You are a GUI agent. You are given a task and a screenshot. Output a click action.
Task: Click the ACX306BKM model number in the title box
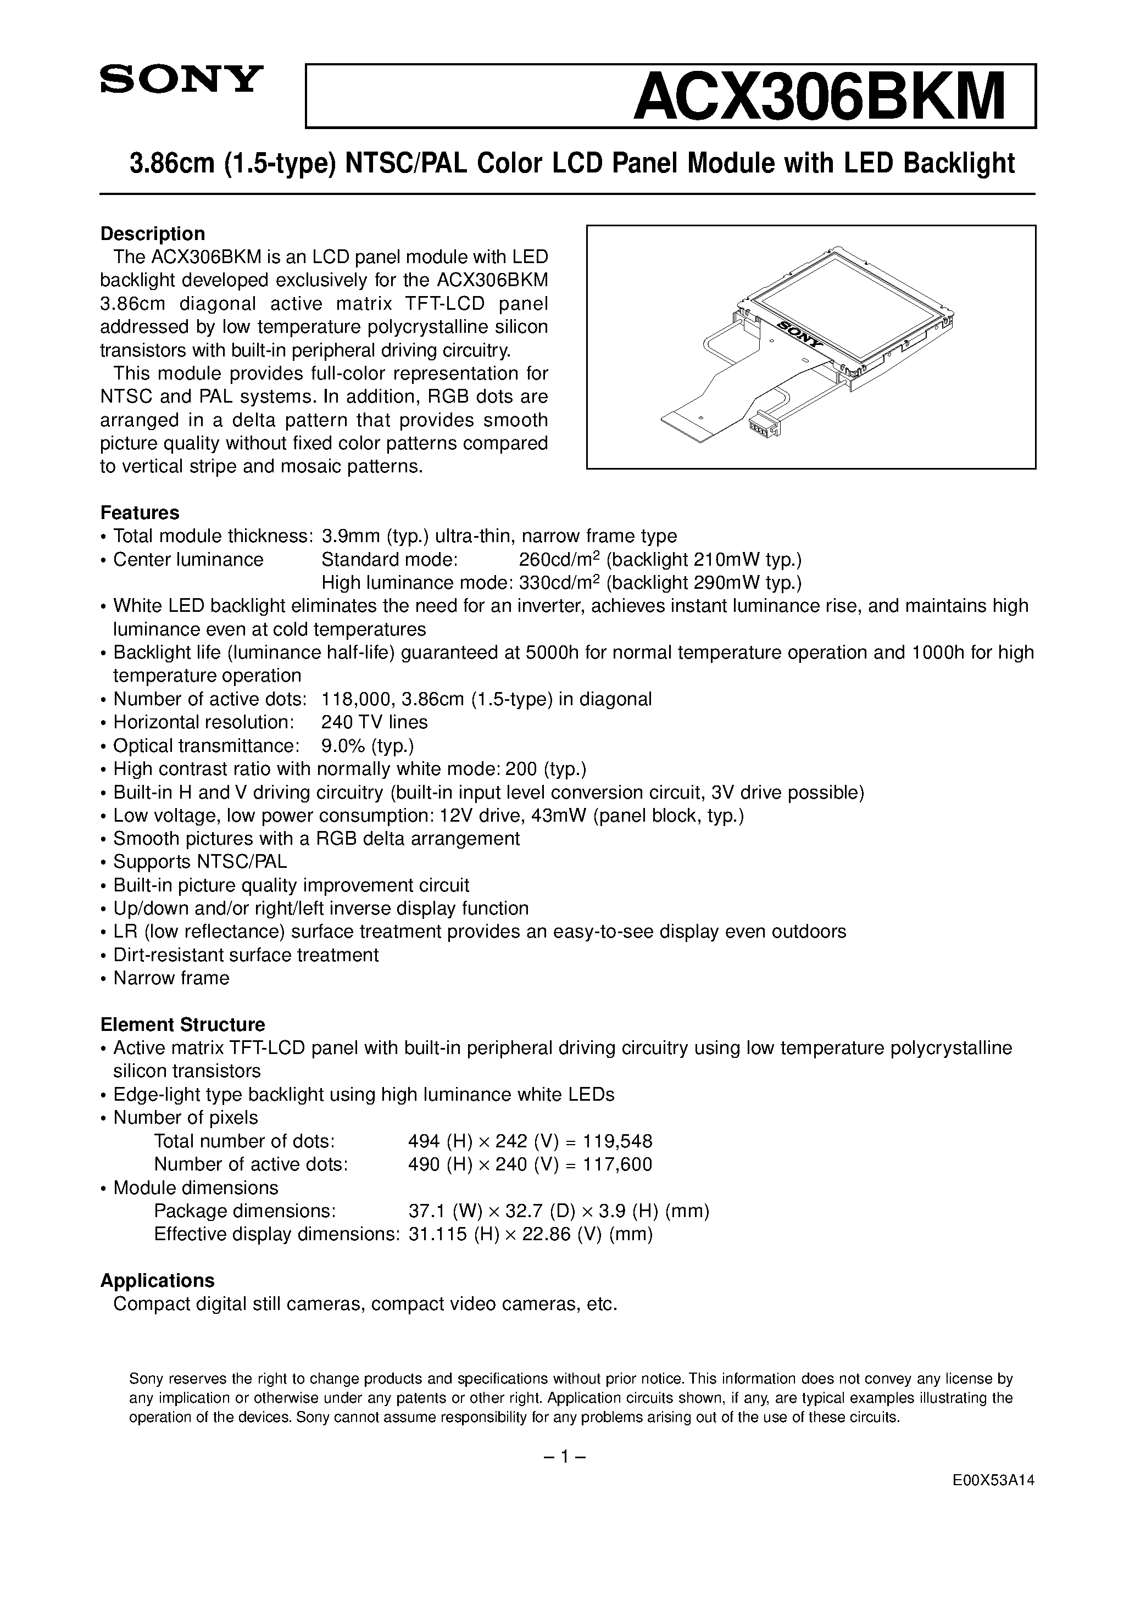coord(819,97)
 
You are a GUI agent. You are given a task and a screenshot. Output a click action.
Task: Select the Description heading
coord(153,233)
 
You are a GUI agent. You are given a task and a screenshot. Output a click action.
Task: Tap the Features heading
coord(140,512)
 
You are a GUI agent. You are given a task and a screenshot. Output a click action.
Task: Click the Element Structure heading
coord(182,1025)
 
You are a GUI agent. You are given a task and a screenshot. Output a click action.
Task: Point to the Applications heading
coord(158,1281)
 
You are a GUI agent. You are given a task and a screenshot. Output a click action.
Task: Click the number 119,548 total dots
coord(621,1141)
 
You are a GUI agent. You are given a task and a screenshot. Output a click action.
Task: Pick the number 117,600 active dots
coord(621,1164)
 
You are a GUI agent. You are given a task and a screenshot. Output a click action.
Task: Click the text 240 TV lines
coord(374,722)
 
